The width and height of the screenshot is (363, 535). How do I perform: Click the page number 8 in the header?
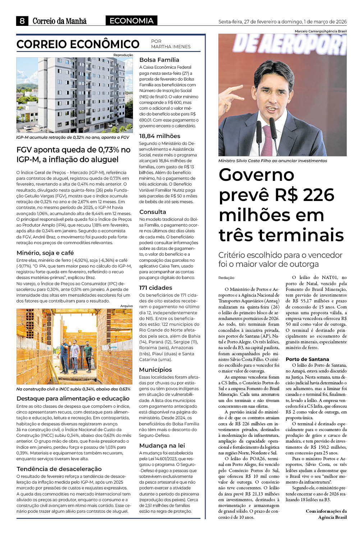(x=22, y=21)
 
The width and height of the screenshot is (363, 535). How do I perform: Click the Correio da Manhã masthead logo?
(x=59, y=21)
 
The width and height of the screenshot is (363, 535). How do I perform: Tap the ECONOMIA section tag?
(x=132, y=21)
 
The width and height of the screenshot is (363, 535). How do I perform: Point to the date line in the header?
(x=282, y=22)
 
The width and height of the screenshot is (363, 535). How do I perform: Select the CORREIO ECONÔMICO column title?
(x=78, y=44)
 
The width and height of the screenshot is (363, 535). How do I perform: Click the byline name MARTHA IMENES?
(x=171, y=47)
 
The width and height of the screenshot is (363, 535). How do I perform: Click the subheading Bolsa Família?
(x=159, y=60)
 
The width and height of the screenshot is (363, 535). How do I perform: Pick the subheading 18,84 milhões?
(x=160, y=136)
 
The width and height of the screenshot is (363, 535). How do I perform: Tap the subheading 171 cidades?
(x=156, y=288)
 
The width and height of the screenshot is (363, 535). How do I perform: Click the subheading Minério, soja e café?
(x=45, y=253)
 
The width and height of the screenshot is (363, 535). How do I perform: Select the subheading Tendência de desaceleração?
(x=59, y=469)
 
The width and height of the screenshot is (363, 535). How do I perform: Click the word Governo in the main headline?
(x=256, y=175)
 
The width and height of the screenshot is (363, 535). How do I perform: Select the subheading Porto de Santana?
(x=307, y=359)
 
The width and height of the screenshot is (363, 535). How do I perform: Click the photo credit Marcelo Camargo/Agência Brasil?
(x=321, y=31)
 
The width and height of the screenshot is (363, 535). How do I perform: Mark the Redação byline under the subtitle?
(x=226, y=278)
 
